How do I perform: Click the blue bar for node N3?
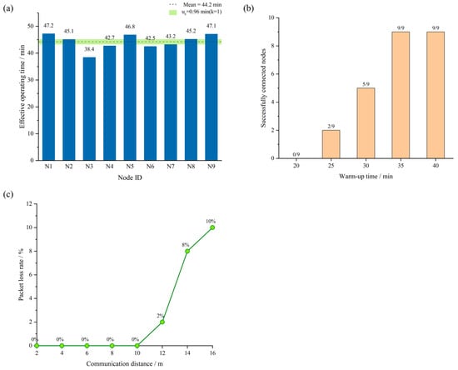pos(89,108)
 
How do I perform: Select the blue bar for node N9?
pos(212,97)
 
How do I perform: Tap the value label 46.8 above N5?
pos(130,27)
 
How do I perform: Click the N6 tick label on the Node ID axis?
pos(150,167)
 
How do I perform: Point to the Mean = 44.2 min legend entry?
pos(195,4)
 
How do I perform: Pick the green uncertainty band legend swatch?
pos(173,12)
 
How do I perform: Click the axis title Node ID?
pos(130,177)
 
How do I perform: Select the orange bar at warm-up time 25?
pos(331,144)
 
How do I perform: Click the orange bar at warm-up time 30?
pos(366,123)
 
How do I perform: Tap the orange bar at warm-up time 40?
pos(436,95)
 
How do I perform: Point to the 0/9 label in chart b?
pos(296,154)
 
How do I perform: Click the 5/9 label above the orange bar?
pos(366,84)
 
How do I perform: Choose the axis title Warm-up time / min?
pos(366,176)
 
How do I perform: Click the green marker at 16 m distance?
pos(212,227)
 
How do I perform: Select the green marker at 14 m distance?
pos(187,251)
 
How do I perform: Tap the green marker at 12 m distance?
pos(162,322)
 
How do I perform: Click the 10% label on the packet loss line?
pos(211,221)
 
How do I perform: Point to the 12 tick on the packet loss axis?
pos(29,203)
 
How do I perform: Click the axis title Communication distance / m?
pos(124,364)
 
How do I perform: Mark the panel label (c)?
pos(8,195)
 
